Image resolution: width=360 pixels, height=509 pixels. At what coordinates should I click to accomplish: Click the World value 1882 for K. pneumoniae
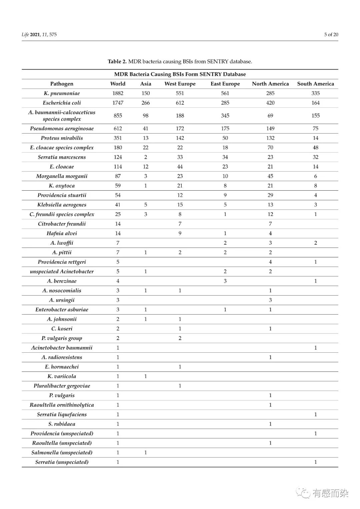coord(118,93)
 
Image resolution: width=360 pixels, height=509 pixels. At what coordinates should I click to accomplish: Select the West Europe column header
coord(180,84)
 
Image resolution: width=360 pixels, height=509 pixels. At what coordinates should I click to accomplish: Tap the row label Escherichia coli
coord(62,103)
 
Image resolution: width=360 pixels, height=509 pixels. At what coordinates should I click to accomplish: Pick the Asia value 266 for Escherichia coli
coord(146,103)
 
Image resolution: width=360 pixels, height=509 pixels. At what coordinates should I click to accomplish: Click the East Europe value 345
coord(225,116)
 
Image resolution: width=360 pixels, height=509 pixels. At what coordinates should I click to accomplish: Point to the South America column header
coord(315,84)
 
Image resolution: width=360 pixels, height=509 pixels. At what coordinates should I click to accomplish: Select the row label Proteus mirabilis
coord(62,138)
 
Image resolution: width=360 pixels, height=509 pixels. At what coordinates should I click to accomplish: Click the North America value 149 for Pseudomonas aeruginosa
coord(270,128)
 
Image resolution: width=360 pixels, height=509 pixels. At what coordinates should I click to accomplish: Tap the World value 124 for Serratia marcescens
coord(118,157)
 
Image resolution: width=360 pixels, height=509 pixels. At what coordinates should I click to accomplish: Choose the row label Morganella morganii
coord(62,176)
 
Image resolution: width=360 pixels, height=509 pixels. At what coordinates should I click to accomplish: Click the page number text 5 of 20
coord(331,34)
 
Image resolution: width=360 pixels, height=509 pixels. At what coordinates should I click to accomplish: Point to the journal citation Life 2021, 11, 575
coord(39,34)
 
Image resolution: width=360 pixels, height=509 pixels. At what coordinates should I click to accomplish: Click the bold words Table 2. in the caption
coord(117,61)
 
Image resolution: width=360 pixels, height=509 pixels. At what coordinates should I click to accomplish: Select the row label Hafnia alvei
coord(62,233)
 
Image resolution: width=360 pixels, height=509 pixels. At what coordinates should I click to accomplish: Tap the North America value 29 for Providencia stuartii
coord(270,195)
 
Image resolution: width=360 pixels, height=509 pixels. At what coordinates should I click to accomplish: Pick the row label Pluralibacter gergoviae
coord(62,386)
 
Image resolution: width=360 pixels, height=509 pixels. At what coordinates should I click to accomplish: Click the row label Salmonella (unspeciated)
coord(62,452)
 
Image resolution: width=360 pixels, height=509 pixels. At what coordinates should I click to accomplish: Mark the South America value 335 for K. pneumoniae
coord(315,93)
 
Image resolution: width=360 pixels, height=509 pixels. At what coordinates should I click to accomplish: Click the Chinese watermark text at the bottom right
coord(330,493)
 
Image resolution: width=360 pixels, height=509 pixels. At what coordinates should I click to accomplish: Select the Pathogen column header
coord(62,84)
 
